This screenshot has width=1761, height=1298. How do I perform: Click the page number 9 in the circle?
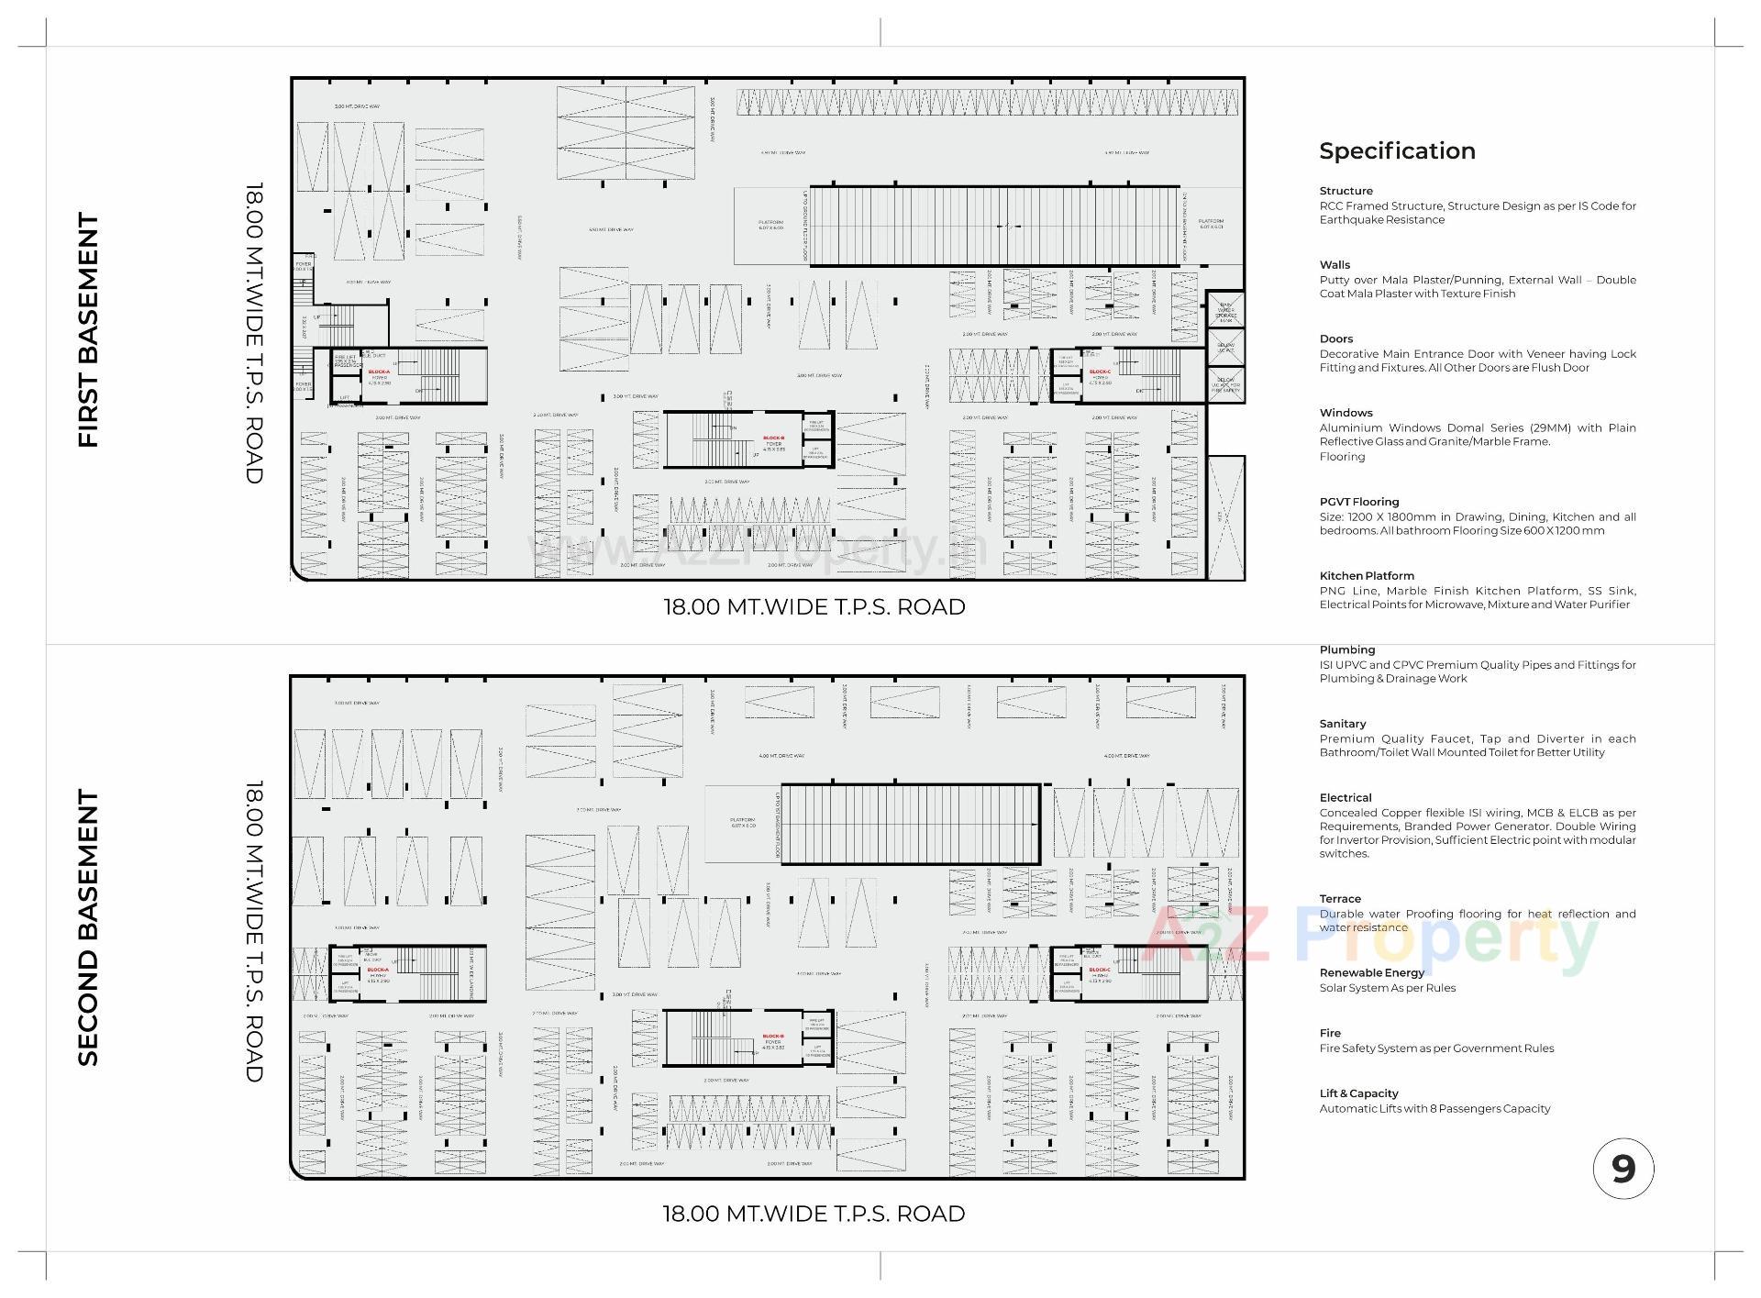[1623, 1169]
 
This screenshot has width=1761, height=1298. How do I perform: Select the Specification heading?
[1397, 151]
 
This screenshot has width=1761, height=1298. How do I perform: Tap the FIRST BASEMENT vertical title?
[88, 330]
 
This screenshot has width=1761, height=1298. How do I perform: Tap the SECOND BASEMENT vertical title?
[88, 927]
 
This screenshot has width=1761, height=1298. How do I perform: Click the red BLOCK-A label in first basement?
[379, 372]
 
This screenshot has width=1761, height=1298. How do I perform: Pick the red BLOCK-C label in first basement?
[1099, 372]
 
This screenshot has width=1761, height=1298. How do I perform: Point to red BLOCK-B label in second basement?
[772, 1037]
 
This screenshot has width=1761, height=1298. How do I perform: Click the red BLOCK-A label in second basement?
[378, 970]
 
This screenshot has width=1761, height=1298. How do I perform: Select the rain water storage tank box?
[1225, 311]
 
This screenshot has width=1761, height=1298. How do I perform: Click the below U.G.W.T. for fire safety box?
[1225, 384]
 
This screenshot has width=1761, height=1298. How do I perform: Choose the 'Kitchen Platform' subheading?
[1367, 576]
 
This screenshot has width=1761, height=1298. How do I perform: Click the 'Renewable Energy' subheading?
[1371, 972]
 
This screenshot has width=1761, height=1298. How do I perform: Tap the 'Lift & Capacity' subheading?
[1358, 1093]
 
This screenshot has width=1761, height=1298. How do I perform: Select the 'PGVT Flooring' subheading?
[1358, 502]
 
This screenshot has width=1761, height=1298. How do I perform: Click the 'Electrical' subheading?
[1345, 798]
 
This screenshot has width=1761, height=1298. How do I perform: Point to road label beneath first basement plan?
[814, 607]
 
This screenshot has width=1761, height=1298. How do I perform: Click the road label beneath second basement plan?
[814, 1214]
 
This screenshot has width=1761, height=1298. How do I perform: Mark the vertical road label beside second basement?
[254, 931]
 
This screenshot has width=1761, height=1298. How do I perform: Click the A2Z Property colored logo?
[1371, 937]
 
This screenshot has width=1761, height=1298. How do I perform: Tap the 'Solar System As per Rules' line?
[1387, 988]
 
